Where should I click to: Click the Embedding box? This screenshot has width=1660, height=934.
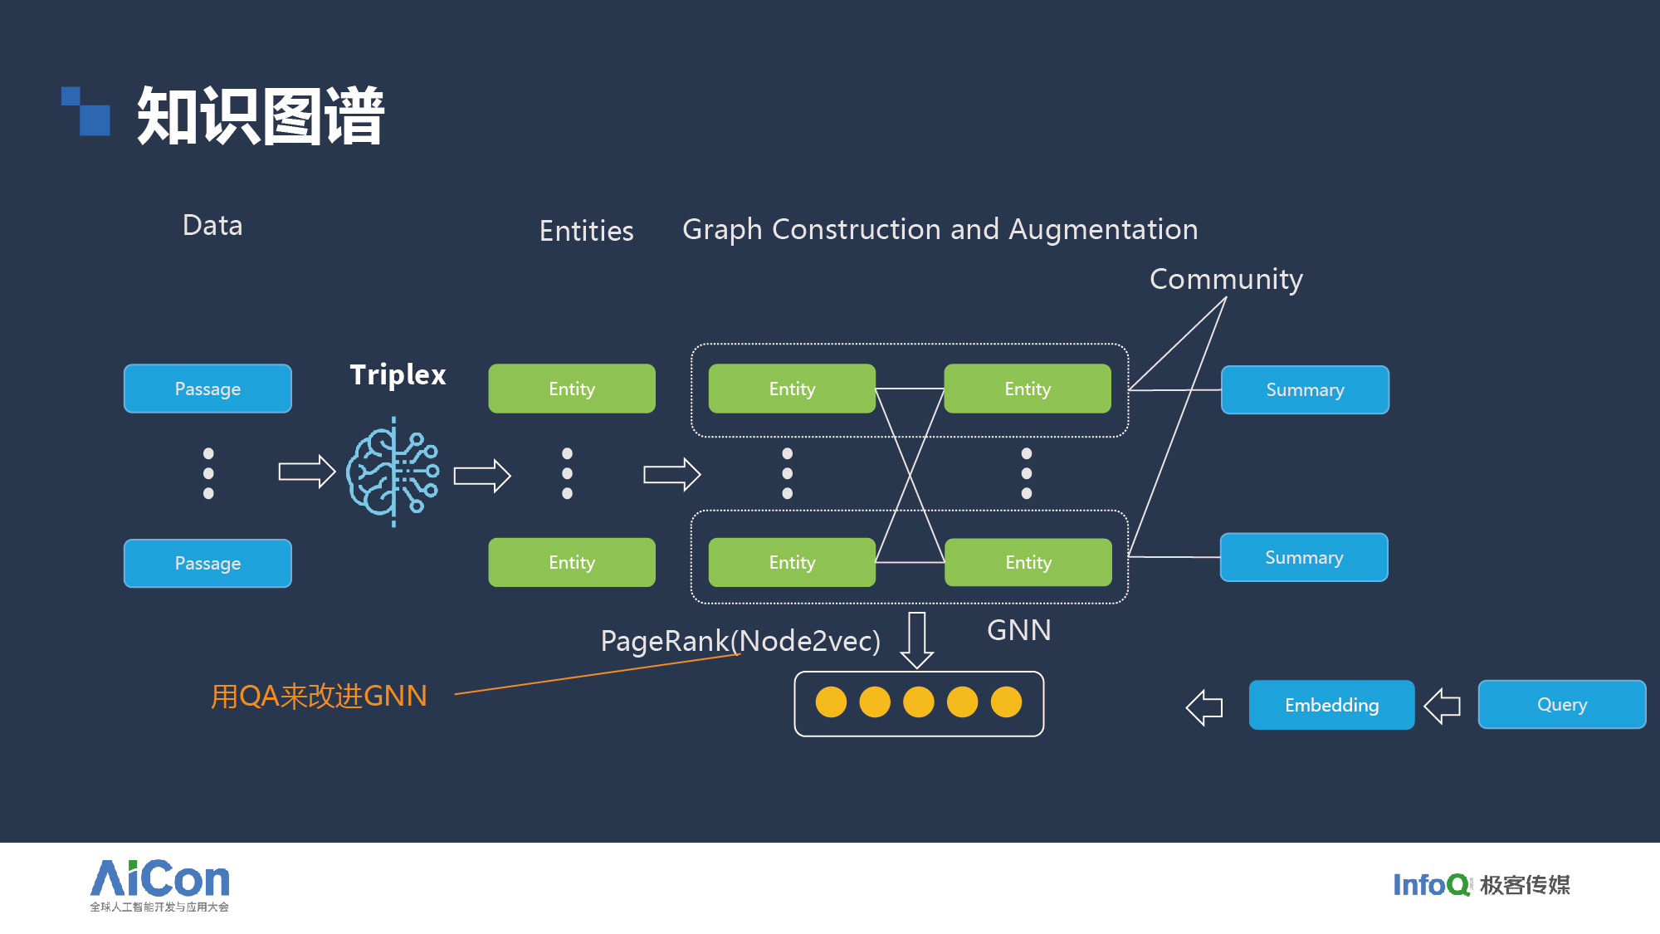tap(1331, 705)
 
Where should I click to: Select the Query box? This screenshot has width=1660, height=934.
tap(1561, 704)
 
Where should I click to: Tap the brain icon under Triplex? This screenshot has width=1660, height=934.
tap(393, 472)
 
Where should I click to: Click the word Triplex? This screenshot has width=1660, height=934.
tap(398, 374)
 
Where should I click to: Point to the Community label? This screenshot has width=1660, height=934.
tap(1226, 279)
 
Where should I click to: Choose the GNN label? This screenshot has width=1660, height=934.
tap(1018, 630)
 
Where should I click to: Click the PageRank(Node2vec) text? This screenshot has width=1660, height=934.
tap(740, 641)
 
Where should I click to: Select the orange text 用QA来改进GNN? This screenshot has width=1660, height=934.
tap(319, 696)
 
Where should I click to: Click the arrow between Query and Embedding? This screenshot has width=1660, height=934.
tap(1443, 706)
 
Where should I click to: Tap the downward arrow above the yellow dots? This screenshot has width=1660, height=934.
tap(917, 639)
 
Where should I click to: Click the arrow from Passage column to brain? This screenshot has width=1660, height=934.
tap(306, 472)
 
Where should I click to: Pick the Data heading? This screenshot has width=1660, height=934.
tap(212, 226)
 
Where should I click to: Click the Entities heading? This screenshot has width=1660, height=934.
tap(586, 231)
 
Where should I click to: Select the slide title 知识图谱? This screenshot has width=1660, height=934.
tap(261, 116)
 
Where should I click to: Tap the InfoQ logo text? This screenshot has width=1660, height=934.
tap(1431, 885)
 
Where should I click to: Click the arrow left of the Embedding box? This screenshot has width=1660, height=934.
tap(1204, 707)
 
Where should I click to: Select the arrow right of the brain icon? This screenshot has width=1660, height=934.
tap(481, 476)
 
